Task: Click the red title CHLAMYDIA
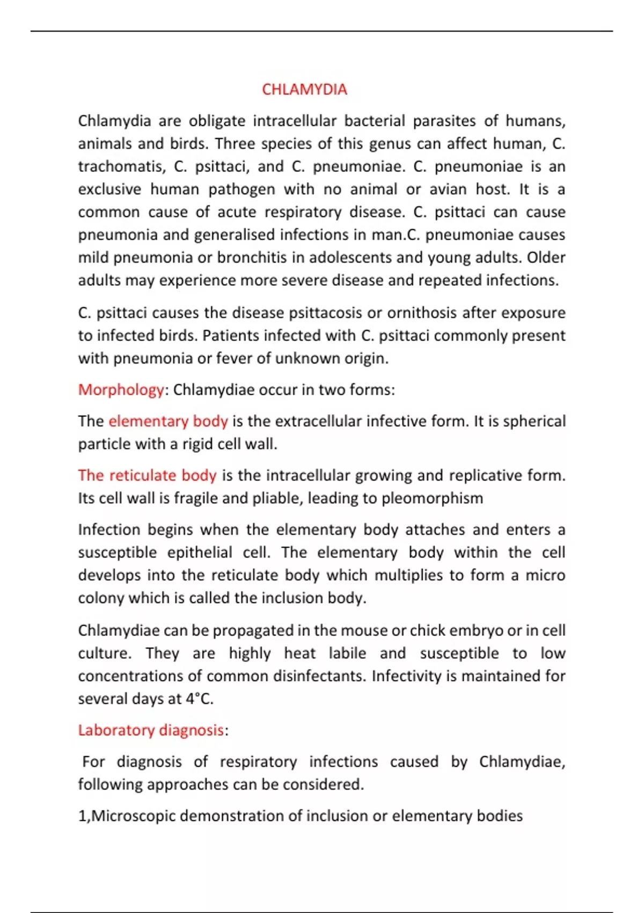tap(304, 89)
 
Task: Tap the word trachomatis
tap(121, 166)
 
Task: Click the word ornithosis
tap(422, 313)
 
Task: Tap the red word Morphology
tap(121, 389)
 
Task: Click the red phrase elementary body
tap(168, 421)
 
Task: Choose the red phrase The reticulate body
tap(147, 475)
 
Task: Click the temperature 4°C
tap(199, 699)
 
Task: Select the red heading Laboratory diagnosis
tap(151, 730)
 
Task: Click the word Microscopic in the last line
tap(134, 816)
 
